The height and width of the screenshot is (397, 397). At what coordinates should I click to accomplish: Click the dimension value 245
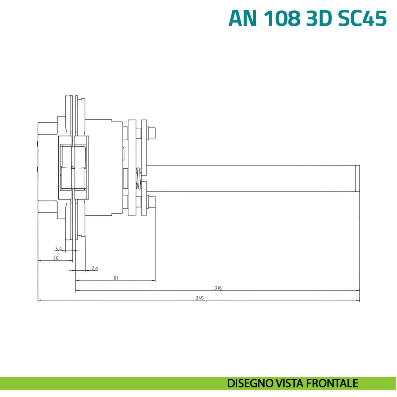199,298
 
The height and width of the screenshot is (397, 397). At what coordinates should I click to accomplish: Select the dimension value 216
218,288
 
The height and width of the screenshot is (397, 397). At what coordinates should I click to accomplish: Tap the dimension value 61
116,278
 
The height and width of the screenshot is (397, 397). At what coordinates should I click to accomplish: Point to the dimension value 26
56,258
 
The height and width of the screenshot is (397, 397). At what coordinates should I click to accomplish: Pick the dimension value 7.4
95,269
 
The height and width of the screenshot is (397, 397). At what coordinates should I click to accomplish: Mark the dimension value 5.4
59,249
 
